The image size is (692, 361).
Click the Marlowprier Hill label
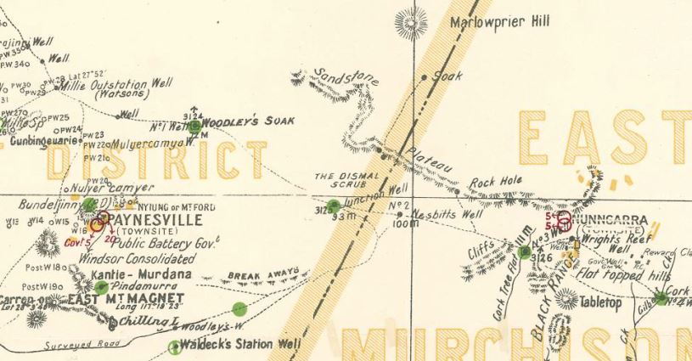click(x=501, y=23)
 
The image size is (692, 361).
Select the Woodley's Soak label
click(x=252, y=121)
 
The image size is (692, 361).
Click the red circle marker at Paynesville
click(x=98, y=223)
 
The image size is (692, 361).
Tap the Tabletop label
click(x=601, y=302)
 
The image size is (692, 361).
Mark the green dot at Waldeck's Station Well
click(x=176, y=347)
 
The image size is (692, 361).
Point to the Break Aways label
click(x=264, y=275)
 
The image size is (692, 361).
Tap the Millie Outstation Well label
click(x=121, y=85)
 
